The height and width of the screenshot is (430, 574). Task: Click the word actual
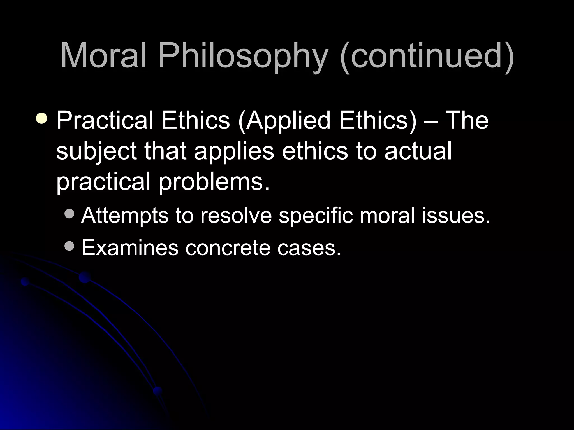tap(418, 151)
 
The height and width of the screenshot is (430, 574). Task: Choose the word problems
tap(214, 182)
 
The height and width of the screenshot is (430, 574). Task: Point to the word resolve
tap(236, 216)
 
